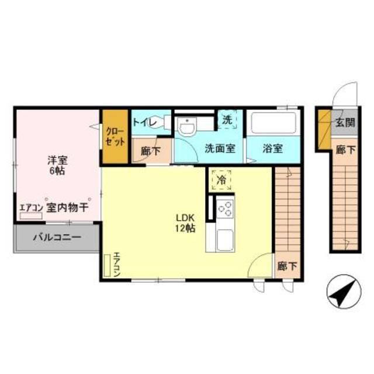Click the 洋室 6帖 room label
pos(56,165)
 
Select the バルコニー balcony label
pos(56,238)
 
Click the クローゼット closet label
pos(115,136)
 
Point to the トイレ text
pos(143,123)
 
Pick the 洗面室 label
pos(220,148)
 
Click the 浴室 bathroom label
pos(272,148)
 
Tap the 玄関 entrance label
pos(344,123)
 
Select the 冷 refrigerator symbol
pos(221,180)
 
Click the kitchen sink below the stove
pos(225,240)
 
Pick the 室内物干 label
pos(67,207)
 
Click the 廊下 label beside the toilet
pos(150,150)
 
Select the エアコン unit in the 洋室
pos(31,215)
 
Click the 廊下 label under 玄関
pos(344,150)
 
